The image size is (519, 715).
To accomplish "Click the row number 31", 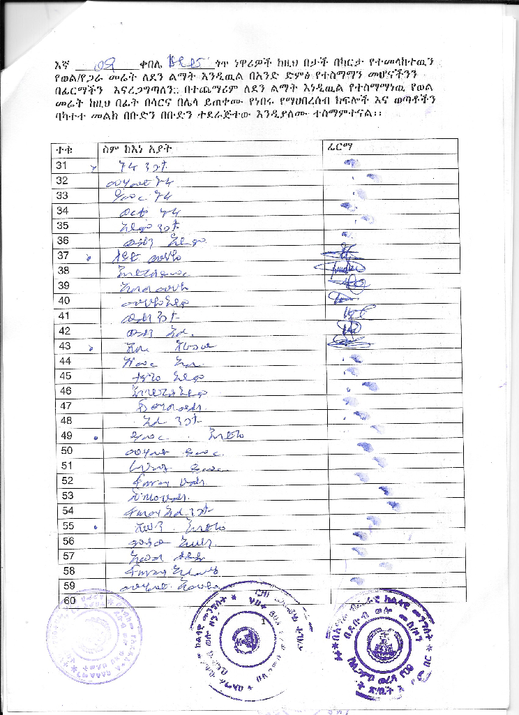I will [62, 165].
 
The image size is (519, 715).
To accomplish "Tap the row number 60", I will [70, 600].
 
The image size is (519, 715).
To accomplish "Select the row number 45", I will [65, 376].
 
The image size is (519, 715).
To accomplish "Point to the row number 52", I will [67, 480].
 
